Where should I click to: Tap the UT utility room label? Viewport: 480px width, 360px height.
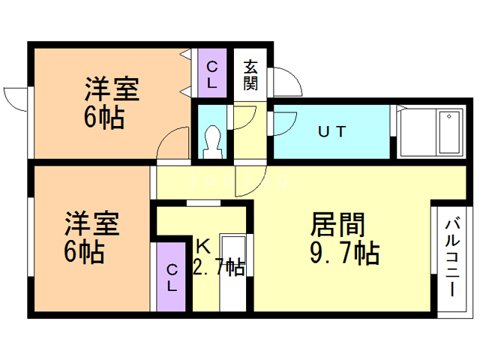click(331, 132)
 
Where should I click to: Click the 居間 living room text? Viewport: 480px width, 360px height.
click(337, 225)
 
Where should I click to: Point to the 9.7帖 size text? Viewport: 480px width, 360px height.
click(344, 253)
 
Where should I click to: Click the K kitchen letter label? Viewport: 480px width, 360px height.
click(203, 245)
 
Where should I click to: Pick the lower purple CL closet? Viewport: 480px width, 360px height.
click(172, 276)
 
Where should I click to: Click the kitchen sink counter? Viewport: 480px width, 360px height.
click(234, 271)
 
